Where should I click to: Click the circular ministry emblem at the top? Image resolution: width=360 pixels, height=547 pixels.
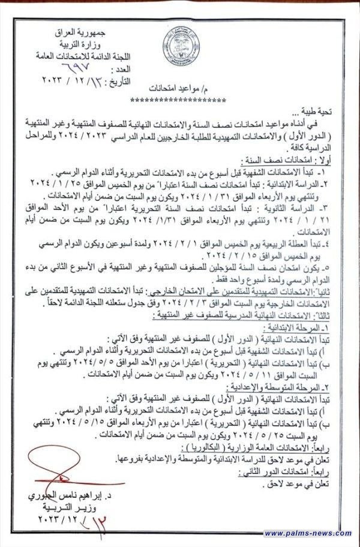(x=181, y=47)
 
